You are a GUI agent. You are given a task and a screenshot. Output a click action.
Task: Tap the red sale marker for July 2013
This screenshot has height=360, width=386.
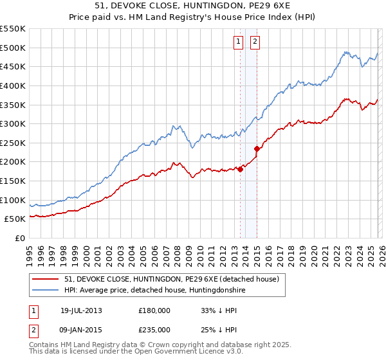(x=240, y=170)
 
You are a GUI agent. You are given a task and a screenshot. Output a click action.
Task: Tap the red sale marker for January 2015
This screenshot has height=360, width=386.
(x=257, y=148)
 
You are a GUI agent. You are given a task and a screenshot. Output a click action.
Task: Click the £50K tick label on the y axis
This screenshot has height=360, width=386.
(x=15, y=219)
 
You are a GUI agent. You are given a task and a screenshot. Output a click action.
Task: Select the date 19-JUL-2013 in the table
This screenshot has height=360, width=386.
(x=81, y=310)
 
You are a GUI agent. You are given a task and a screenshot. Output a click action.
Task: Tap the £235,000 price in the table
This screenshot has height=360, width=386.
(x=154, y=329)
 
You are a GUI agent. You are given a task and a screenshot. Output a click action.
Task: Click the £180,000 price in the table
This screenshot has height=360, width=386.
(x=154, y=310)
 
